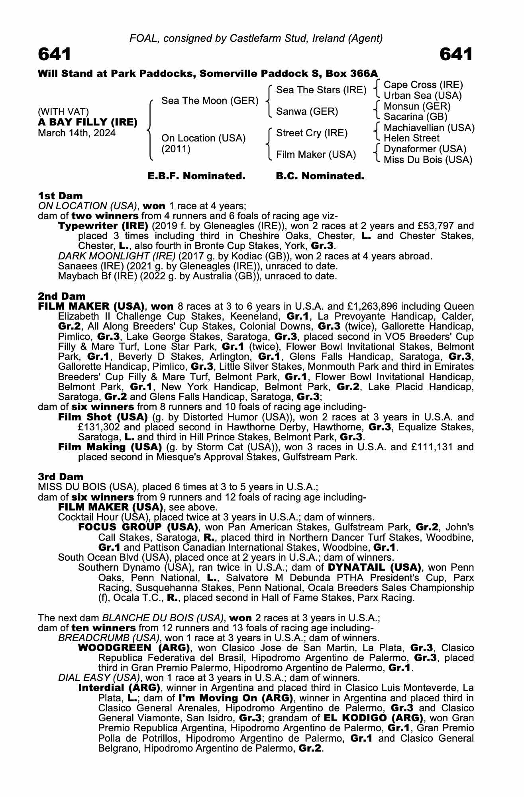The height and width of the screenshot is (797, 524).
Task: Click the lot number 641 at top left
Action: pyautogui.click(x=55, y=54)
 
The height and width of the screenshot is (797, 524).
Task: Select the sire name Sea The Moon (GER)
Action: pyautogui.click(x=210, y=101)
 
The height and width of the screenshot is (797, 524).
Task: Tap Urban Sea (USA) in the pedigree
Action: pyautogui.click(x=422, y=96)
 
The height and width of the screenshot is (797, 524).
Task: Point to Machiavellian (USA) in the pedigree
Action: pyautogui.click(x=429, y=128)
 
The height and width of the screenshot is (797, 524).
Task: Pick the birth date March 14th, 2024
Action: pyautogui.click(x=77, y=133)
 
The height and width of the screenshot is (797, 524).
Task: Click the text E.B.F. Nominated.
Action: pyautogui.click(x=196, y=176)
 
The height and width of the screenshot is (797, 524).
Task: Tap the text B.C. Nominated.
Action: pyautogui.click(x=320, y=176)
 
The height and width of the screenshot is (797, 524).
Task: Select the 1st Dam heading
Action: pyautogui.click(x=60, y=196)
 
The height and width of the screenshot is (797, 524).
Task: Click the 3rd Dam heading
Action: pyautogui.click(x=61, y=477)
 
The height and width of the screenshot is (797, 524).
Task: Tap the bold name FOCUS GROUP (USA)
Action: pyautogui.click(x=138, y=527)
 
